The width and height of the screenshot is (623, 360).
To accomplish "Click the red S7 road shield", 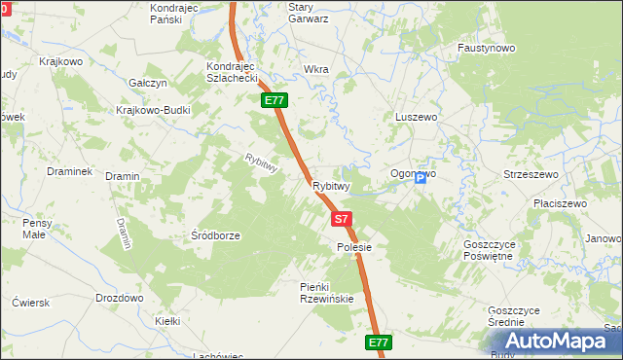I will coord(341,220).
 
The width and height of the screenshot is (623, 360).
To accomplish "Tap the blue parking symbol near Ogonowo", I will coord(421,179).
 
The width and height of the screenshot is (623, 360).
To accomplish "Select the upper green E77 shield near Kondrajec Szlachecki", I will coord(274,100).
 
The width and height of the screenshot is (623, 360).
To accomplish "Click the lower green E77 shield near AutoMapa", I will coord(379,342).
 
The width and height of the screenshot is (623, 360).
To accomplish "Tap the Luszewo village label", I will coord(418,117).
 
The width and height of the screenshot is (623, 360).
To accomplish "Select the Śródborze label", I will coord(215,235).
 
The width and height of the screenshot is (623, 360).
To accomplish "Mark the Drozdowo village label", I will coord(120,298).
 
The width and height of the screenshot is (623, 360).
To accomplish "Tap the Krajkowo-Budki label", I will coord(153,110).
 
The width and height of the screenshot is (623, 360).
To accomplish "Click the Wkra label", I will coord(316,70).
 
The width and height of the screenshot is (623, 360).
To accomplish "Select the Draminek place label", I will coord(69,171).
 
